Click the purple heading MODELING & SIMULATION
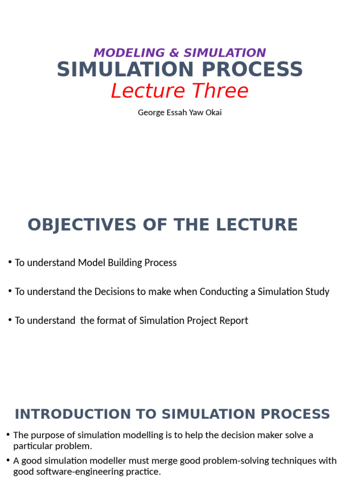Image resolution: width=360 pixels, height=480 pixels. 180,53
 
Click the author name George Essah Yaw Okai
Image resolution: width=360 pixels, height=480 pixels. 180,112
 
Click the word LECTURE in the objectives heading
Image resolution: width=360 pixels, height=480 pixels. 256,225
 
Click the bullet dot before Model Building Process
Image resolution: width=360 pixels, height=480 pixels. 10,262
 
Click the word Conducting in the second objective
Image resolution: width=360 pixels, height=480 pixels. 223,292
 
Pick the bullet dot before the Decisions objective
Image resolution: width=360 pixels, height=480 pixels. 10,291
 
